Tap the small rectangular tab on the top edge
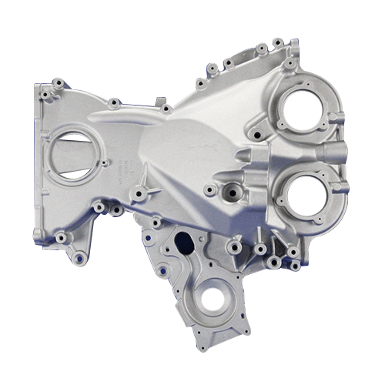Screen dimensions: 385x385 point(160,102)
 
